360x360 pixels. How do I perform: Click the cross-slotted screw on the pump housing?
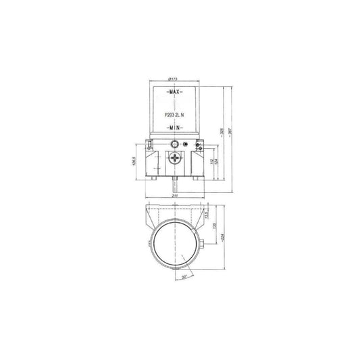coord(176,159)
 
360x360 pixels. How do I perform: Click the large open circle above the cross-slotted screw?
coord(176,144)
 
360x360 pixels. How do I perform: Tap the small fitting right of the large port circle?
coord(187,144)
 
